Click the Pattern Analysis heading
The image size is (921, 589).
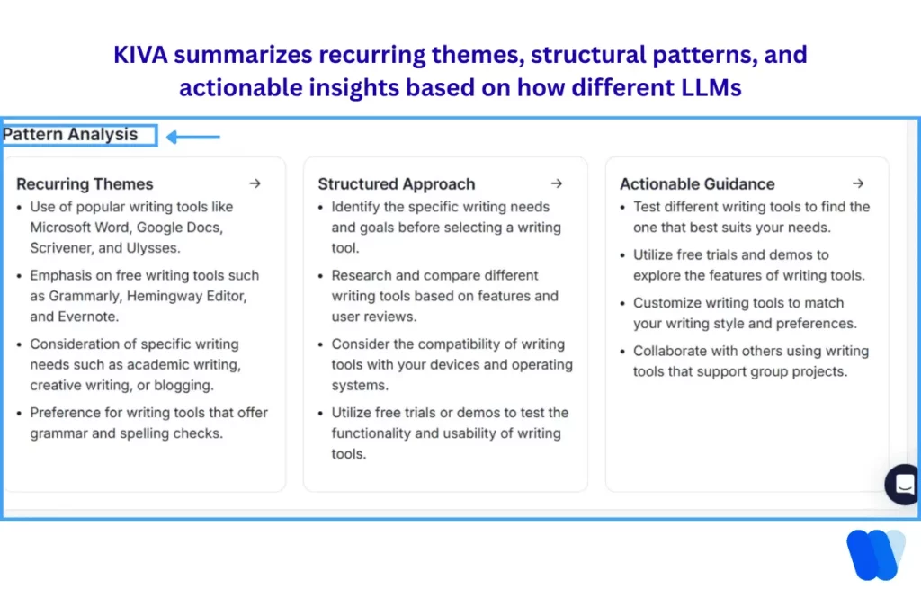pyautogui.click(x=71, y=135)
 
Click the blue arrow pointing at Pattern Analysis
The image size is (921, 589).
pyautogui.click(x=193, y=138)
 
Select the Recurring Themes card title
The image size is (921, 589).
pyautogui.click(x=85, y=184)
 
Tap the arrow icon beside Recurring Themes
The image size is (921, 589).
pyautogui.click(x=255, y=183)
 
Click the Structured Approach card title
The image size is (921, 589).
pyautogui.click(x=396, y=184)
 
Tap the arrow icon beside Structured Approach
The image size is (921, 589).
pyautogui.click(x=557, y=183)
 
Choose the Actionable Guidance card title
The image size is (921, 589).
pyautogui.click(x=697, y=184)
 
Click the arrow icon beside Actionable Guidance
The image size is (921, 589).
pyautogui.click(x=858, y=183)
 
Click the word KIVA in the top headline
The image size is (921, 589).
pyautogui.click(x=140, y=55)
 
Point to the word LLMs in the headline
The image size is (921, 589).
pyautogui.click(x=711, y=88)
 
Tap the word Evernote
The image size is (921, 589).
pyautogui.click(x=90, y=317)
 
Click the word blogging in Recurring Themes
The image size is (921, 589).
pyautogui.click(x=183, y=386)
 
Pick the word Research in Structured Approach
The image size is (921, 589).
pyautogui.click(x=361, y=275)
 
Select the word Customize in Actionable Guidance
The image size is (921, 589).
pyautogui.click(x=666, y=303)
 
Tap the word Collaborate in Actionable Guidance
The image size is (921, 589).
pyautogui.click(x=671, y=351)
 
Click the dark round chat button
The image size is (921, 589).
pyautogui.click(x=904, y=485)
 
